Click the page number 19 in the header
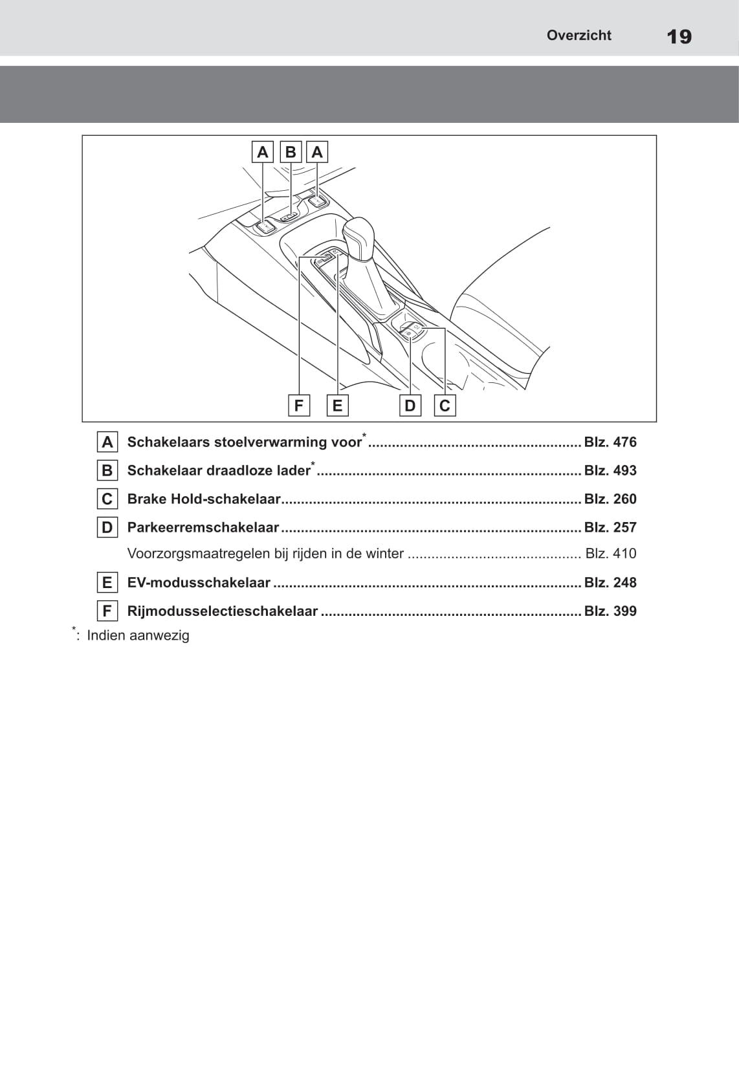click(679, 36)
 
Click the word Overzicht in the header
click(579, 36)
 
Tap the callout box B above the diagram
click(291, 152)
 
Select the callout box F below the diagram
click(298, 406)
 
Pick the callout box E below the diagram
click(337, 406)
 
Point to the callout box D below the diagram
click(410, 406)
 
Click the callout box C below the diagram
click(445, 406)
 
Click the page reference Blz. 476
click(610, 442)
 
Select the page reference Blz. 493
click(610, 470)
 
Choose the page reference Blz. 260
click(610, 499)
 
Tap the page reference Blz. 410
click(610, 553)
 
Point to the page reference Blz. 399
click(610, 611)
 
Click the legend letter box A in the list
click(107, 442)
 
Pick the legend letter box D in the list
click(107, 528)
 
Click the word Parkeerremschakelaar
click(203, 527)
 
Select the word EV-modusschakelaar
click(199, 582)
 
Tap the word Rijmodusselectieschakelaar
click(222, 611)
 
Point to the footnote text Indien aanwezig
click(138, 635)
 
